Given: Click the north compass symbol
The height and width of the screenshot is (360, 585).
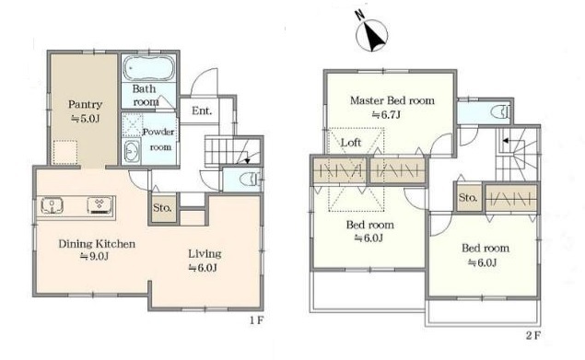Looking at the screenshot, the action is click(x=371, y=32).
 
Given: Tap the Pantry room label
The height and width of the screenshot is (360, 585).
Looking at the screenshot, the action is click(x=85, y=104).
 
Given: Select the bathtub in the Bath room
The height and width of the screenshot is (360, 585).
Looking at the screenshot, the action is click(x=148, y=67).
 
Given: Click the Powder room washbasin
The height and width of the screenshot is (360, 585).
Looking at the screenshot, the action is click(x=132, y=152).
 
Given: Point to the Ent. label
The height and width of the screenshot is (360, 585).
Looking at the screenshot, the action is click(x=202, y=110).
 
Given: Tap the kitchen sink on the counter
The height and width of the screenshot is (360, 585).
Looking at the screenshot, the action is click(x=52, y=206).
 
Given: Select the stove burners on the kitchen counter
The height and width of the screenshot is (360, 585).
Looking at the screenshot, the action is click(x=99, y=205).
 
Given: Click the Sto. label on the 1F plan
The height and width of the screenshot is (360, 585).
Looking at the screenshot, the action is click(x=163, y=208).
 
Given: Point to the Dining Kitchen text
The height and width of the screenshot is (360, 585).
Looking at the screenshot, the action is click(x=97, y=244).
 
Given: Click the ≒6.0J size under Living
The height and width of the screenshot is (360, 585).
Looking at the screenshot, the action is click(x=203, y=268).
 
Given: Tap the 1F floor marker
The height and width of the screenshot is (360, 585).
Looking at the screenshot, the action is click(x=257, y=319).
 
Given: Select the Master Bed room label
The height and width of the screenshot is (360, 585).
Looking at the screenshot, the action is click(x=392, y=100).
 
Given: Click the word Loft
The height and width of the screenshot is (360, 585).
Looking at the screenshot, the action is click(x=351, y=143).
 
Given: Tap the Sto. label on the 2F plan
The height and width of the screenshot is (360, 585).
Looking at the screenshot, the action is click(x=468, y=197).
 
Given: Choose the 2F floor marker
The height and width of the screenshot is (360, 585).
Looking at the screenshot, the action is click(x=532, y=335).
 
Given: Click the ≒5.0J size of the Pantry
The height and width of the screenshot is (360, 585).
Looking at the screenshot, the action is click(x=86, y=119).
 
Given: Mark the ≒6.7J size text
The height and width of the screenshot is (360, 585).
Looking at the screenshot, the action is click(x=386, y=114).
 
